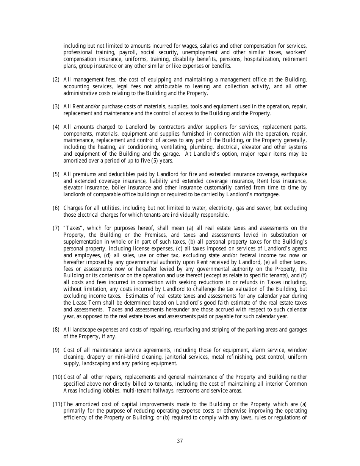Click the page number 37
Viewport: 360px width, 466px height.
pyautogui.click(x=180, y=441)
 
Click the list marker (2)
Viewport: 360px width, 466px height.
pyautogui.click(x=56, y=80)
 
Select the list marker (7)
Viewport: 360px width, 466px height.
pyautogui.click(x=56, y=228)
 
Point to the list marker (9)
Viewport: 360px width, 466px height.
pyautogui.click(x=56, y=350)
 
